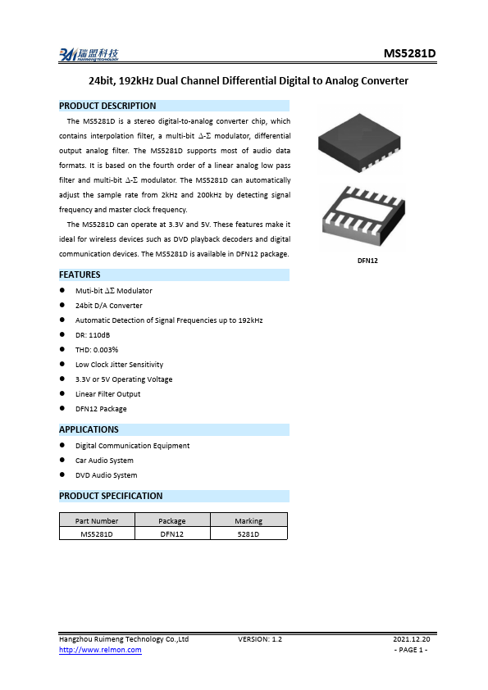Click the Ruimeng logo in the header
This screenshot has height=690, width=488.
coord(89,55)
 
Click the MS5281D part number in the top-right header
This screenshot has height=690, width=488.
coord(409,54)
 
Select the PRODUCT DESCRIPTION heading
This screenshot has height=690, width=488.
coord(107,106)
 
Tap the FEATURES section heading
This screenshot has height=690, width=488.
coord(80,275)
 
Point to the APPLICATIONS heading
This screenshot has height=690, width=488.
coord(89,429)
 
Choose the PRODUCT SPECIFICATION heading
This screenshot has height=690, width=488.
coord(111,496)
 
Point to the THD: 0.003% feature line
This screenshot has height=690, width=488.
coord(97,350)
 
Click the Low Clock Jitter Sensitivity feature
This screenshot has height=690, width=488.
coord(119,365)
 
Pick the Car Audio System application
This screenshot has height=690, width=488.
coord(104,461)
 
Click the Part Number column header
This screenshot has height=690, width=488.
coord(97,520)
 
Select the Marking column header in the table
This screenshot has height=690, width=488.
coord(249,520)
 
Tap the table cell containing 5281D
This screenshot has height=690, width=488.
coord(249,533)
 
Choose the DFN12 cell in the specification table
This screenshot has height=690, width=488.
coord(172,533)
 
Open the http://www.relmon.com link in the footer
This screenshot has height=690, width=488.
coord(100,650)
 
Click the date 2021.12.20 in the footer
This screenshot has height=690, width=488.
coord(411,638)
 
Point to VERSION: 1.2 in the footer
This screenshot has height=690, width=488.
coord(260,638)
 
